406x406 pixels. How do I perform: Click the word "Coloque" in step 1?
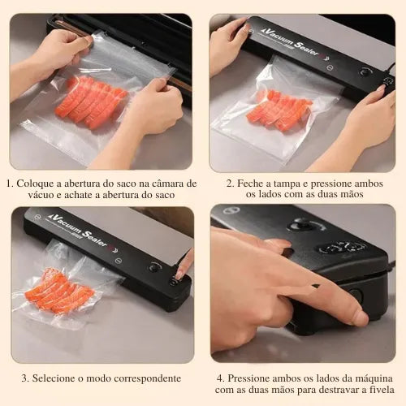[35, 184]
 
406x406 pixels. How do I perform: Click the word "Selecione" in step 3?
[54, 378]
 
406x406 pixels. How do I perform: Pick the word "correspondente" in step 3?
[148, 378]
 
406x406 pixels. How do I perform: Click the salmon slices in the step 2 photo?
[279, 110]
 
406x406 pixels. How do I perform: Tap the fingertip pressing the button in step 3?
[179, 276]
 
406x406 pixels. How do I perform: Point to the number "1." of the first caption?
[10, 184]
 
